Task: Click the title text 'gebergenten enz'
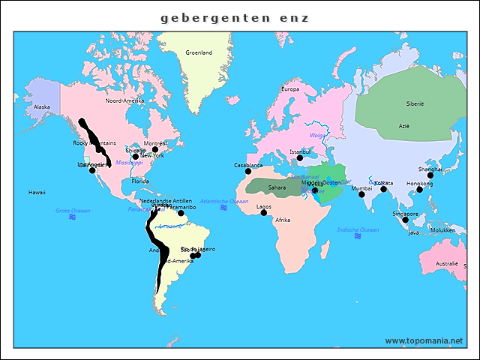tap(234, 17)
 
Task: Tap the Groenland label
tap(199, 52)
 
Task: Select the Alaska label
tap(42, 107)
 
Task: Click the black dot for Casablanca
tap(247, 172)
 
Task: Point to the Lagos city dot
tap(263, 213)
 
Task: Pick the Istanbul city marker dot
tap(299, 158)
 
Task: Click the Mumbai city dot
tap(361, 194)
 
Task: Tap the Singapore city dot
tap(405, 220)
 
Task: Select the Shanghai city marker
tap(430, 175)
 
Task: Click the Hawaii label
tap(37, 192)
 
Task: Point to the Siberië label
tap(415, 104)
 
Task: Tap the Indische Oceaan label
tap(358, 229)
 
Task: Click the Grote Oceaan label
tap(73, 211)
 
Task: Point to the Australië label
tap(447, 263)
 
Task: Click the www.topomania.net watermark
tap(424, 340)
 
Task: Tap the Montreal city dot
tap(155, 149)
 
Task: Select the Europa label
tap(289, 89)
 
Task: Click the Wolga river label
tap(316, 136)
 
